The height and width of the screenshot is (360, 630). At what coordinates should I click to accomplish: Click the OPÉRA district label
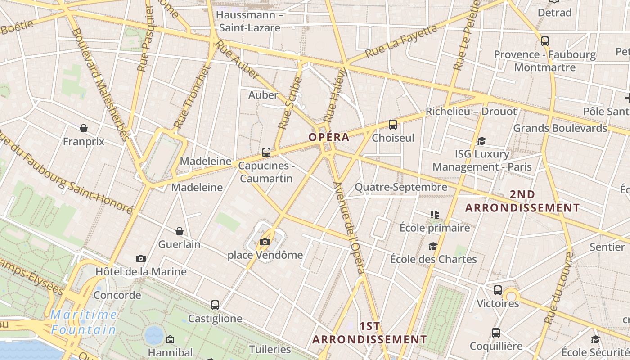coord(329,137)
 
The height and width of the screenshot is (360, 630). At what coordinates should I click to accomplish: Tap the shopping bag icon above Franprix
coord(84,129)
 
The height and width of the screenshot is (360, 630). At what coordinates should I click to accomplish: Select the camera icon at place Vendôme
coord(265,242)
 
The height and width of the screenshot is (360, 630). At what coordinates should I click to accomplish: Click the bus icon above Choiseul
coord(393,125)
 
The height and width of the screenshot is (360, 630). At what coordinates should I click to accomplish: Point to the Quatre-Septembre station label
coord(401,187)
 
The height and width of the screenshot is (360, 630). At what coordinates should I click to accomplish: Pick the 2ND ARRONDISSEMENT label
coord(522,201)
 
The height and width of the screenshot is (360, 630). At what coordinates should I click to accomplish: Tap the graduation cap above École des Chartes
coord(433,246)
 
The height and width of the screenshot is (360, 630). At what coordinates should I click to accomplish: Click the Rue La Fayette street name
coord(401,41)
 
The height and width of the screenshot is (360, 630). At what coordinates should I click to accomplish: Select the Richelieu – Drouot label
coord(471,111)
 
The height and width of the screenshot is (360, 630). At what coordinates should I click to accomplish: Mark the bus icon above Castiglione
coord(215,305)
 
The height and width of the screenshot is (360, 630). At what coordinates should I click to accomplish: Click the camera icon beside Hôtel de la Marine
coord(141,258)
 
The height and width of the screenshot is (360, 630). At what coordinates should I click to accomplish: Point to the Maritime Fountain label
coord(84,322)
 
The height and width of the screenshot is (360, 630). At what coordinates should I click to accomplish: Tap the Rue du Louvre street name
coord(559,288)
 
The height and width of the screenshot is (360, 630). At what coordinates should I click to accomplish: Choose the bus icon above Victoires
coord(498,290)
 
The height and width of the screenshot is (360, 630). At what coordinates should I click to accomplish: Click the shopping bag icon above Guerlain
coord(180,231)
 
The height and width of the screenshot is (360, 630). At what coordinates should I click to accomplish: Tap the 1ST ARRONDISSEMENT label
coord(369,333)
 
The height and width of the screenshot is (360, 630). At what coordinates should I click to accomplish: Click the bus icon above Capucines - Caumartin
coord(266,153)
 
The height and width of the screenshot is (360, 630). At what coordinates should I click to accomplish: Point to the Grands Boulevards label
coord(560,128)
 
